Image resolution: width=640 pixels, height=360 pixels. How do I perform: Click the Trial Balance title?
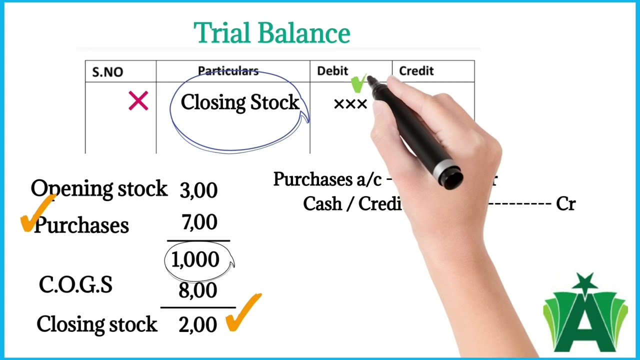[x=271, y=33]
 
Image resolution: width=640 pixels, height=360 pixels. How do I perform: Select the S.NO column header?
[x=107, y=72]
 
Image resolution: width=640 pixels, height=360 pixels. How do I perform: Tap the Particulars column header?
[x=228, y=71]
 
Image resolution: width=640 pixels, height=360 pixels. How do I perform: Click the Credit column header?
[x=416, y=71]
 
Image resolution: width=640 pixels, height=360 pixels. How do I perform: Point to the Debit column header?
[x=332, y=71]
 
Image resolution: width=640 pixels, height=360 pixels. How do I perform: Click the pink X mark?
[x=138, y=101]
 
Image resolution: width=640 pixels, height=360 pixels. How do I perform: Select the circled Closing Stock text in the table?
[x=239, y=102]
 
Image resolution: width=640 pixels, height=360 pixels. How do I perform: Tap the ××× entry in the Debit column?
[x=350, y=104]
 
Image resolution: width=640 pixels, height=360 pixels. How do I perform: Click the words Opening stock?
[x=99, y=188]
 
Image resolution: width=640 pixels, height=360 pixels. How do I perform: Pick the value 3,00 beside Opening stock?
[x=198, y=190]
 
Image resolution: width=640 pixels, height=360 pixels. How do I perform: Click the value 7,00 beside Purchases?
[x=199, y=222]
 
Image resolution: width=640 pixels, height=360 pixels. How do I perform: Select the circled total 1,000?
[x=195, y=259]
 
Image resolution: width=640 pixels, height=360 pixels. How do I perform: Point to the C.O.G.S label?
[x=75, y=285]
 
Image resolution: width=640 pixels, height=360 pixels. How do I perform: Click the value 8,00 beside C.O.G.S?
[x=197, y=290]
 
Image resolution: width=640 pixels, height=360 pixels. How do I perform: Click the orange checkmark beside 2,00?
[x=243, y=313]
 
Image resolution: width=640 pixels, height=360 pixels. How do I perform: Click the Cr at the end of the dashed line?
[x=565, y=204]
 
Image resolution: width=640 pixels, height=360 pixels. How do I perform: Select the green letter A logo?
[x=585, y=315]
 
